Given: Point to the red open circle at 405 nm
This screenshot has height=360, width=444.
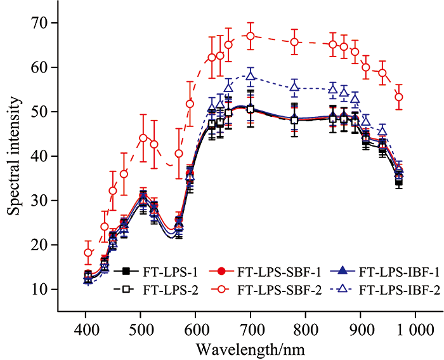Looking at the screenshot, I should (88, 253).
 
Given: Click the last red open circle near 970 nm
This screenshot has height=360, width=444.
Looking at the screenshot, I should (399, 97).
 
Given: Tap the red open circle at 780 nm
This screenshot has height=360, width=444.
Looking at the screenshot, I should (294, 42).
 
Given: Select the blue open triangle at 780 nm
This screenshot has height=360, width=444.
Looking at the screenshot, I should (294, 86).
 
